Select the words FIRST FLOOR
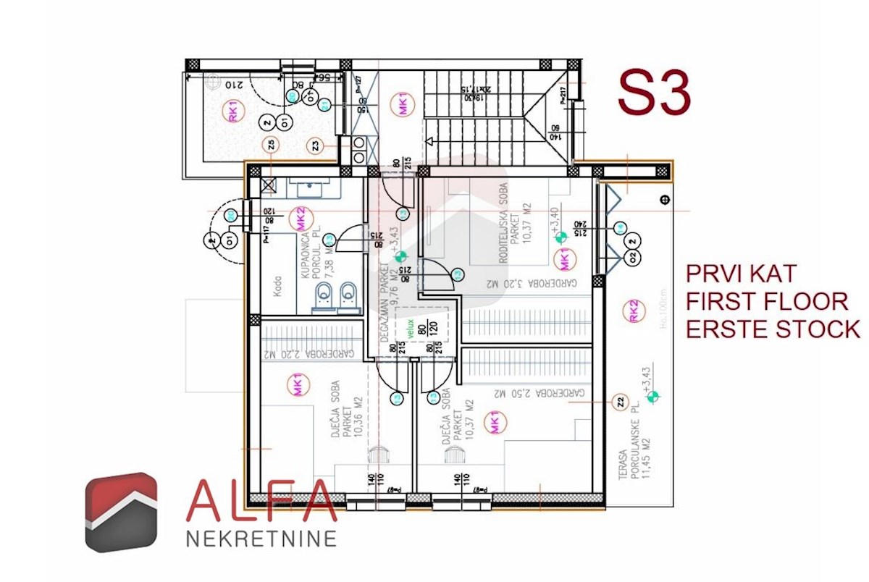point(767,301)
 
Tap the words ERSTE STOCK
point(773,329)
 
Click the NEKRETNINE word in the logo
point(262,539)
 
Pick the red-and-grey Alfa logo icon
point(121,512)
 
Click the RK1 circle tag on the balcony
point(232,113)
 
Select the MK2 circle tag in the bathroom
point(297,217)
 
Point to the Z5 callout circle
point(271,145)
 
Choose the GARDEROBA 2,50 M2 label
point(541,393)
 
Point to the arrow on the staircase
point(433,143)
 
